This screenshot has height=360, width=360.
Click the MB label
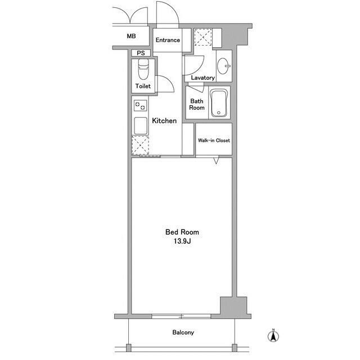click(x=131, y=36)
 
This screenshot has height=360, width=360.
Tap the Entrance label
click(x=168, y=40)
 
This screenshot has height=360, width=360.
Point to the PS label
click(x=140, y=54)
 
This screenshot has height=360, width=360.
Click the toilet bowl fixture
click(x=142, y=70)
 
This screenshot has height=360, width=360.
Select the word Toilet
click(x=143, y=87)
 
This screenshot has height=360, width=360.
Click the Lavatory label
click(x=202, y=78)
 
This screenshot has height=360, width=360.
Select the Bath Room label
click(x=197, y=105)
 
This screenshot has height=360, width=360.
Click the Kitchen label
click(x=164, y=120)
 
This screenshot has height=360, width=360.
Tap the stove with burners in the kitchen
click(x=139, y=105)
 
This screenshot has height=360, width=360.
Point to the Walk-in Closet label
click(x=214, y=141)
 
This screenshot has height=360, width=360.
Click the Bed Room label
click(x=182, y=232)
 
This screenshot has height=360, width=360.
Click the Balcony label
click(x=183, y=332)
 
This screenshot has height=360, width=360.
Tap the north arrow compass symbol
click(x=272, y=336)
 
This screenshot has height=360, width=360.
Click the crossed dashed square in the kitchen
click(x=139, y=145)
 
